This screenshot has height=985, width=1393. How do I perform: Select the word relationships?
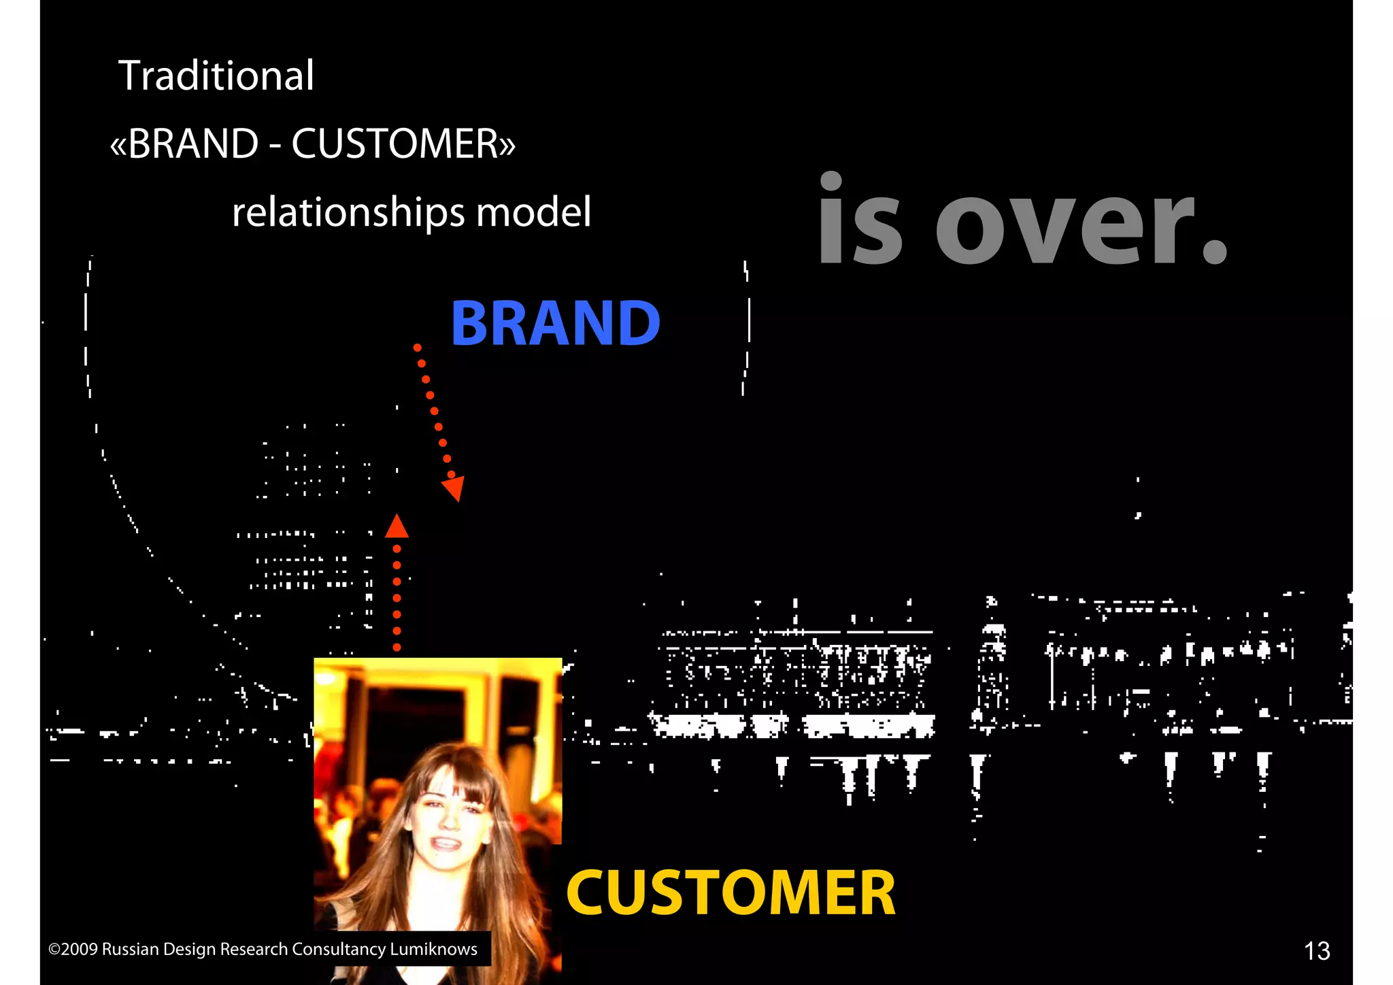coord(348,212)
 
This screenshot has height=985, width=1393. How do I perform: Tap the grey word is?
coord(860,221)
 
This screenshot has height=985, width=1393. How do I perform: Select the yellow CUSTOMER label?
coord(731,892)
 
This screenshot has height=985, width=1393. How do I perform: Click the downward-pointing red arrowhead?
coord(454,488)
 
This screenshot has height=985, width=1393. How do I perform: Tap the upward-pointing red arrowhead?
coord(397,527)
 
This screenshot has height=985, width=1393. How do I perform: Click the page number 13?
coord(1317,950)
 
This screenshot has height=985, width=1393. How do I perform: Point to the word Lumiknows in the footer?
coord(433,949)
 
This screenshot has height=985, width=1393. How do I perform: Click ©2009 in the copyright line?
coord(73,949)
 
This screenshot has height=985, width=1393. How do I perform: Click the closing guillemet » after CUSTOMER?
coord(507,145)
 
